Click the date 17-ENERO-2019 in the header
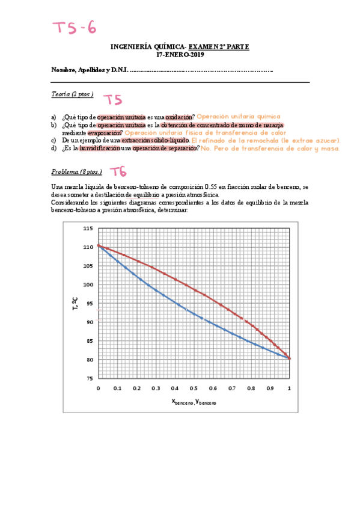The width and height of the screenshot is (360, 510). tap(180, 55)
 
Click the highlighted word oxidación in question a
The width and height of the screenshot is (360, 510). tap(180, 117)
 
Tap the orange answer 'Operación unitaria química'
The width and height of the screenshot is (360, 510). tap(239, 117)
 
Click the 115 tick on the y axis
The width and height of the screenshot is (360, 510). tap(88, 228)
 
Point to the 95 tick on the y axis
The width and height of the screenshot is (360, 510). tap(89, 303)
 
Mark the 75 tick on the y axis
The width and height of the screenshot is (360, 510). tap(89, 378)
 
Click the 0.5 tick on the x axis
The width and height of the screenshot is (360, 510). tap(194, 389)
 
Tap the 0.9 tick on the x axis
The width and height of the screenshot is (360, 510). tap(270, 389)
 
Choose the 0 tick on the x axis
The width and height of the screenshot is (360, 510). tap(98, 389)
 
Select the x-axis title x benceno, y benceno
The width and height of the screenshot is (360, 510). tap(194, 401)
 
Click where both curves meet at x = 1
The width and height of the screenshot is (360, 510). tap(290, 358)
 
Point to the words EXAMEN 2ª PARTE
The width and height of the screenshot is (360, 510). tap(219, 47)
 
